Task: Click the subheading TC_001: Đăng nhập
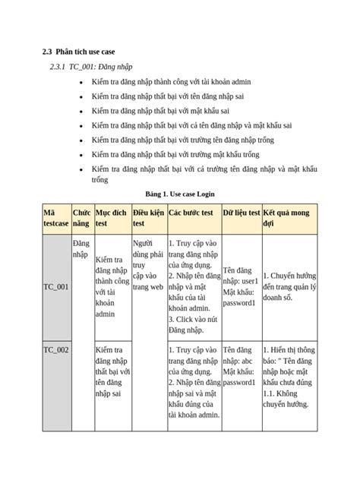92,67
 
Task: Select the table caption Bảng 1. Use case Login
178,194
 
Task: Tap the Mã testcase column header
55,218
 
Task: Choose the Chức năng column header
81,218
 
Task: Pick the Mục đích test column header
110,218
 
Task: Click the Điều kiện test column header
147,218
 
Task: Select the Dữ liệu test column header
241,213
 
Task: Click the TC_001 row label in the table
56,287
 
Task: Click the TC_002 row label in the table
56,350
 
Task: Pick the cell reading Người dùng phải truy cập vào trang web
147,266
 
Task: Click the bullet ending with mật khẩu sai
164,110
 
